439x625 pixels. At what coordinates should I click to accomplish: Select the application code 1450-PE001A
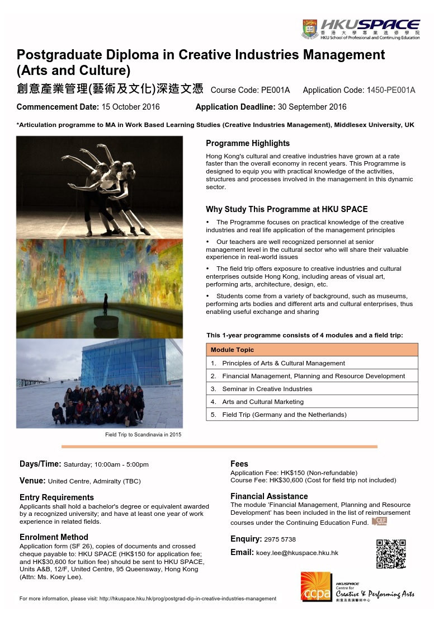pos(390,90)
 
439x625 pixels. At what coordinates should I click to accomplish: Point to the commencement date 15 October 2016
pos(130,107)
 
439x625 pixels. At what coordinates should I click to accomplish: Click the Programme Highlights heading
pos(248,143)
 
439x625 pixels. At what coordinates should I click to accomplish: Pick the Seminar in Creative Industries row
pos(267,388)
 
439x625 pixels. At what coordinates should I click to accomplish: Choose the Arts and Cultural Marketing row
pos(262,401)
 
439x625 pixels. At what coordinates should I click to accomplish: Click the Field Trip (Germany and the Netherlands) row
pos(284,415)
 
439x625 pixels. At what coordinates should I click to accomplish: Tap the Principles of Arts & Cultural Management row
pos(283,363)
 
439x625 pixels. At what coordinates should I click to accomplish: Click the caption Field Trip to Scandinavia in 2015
pos(143,434)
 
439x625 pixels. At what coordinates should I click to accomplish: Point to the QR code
pos(390,553)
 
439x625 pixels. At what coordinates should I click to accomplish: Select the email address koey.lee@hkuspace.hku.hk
pos(297,553)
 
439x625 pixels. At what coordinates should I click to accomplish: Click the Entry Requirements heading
pos(56,497)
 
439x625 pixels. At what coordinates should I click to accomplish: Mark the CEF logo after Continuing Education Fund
pos(379,521)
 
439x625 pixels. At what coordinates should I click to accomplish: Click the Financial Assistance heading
pos(269,496)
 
